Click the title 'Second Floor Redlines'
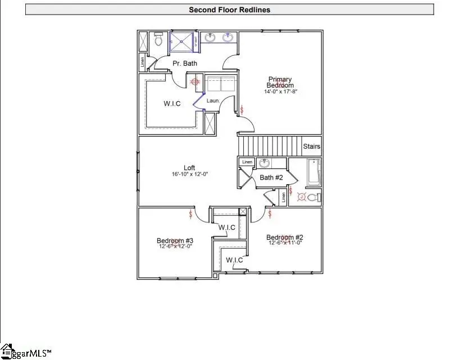pos(229,10)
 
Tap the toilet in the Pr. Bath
pos(158,40)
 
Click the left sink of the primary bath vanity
pos(210,38)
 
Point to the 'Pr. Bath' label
pos(184,63)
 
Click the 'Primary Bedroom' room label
pos(280,82)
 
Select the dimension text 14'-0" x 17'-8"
pos(280,91)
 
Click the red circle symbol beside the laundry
pos(196,81)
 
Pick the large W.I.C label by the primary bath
pos(172,104)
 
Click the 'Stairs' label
pos(311,147)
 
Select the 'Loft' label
pos(189,168)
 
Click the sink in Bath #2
pos(264,163)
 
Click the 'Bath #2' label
pos(270,177)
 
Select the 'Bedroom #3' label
pos(174,240)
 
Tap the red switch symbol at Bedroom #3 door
pos(192,214)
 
